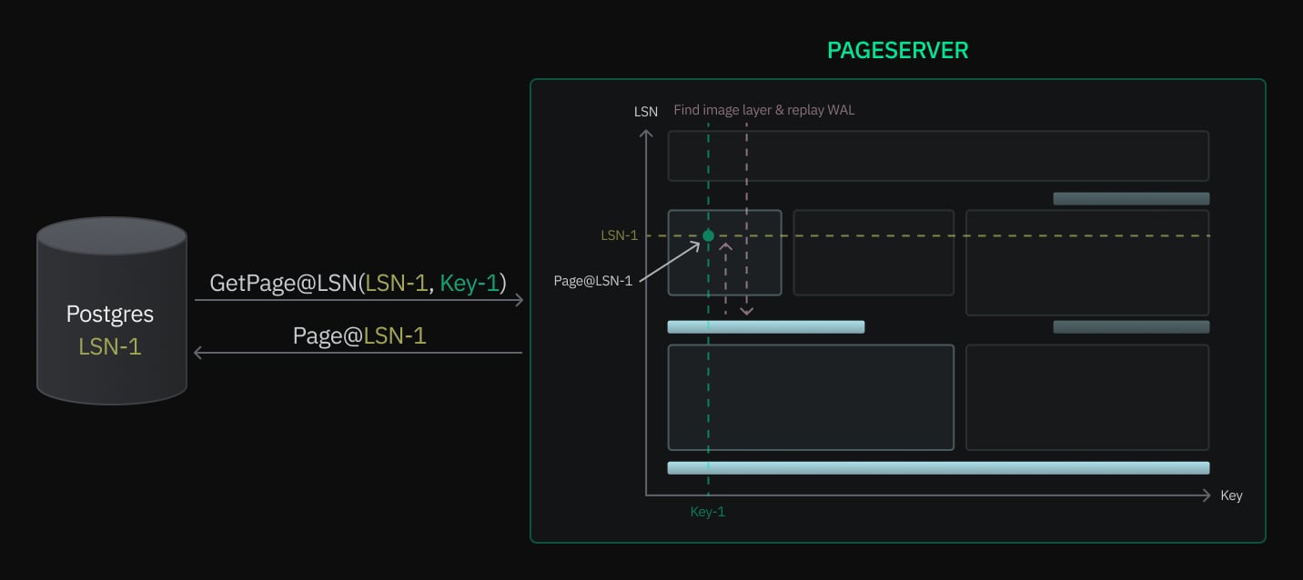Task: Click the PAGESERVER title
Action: [897, 51]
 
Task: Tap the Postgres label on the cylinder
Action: [110, 315]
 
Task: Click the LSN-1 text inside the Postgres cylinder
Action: [110, 346]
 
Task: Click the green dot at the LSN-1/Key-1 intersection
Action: [708, 236]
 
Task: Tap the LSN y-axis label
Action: [646, 112]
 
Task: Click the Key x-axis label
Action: [1231, 495]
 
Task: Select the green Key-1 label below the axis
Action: [708, 512]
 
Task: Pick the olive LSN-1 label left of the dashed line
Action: [620, 235]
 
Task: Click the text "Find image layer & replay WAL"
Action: [764, 110]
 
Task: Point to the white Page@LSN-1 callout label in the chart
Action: [592, 281]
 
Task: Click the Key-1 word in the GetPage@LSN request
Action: [470, 283]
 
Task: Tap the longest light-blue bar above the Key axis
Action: [938, 468]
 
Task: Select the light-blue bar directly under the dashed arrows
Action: [765, 327]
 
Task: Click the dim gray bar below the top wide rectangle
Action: [1131, 198]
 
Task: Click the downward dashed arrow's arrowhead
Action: [746, 312]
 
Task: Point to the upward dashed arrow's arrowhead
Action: [725, 245]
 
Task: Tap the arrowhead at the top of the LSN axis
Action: [646, 134]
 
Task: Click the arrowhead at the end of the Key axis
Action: [1207, 495]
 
